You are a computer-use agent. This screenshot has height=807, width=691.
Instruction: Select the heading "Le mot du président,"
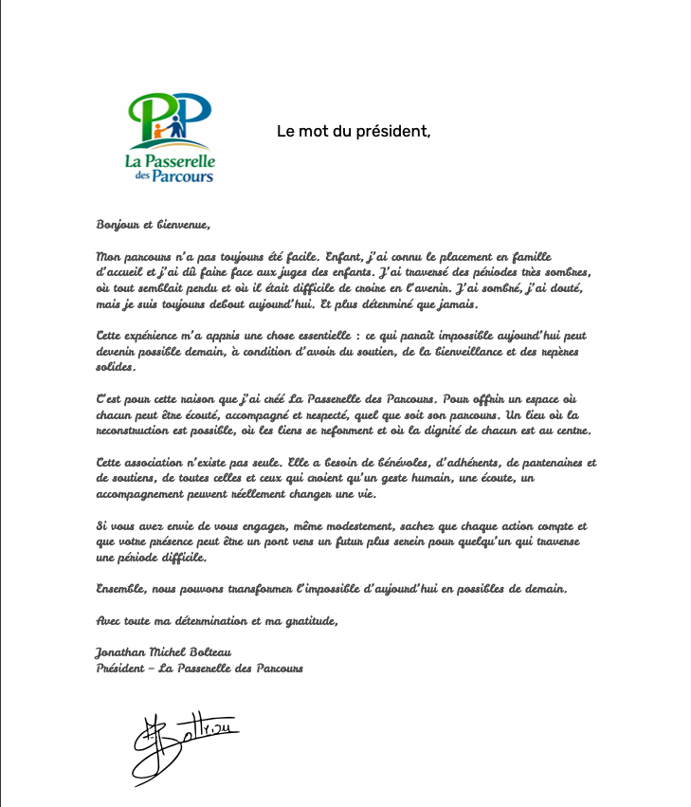pyautogui.click(x=353, y=131)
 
